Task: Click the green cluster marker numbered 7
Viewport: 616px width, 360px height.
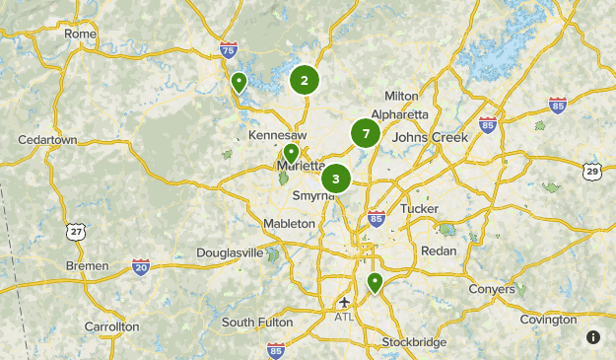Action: pyautogui.click(x=366, y=133)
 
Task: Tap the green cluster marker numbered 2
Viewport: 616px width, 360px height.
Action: pyautogui.click(x=305, y=81)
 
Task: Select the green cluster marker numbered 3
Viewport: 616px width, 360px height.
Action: pyautogui.click(x=336, y=179)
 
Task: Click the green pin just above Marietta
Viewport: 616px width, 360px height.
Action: pyautogui.click(x=291, y=154)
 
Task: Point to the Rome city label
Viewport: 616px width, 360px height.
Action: pyautogui.click(x=81, y=34)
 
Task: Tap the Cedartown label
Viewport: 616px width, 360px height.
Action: pyautogui.click(x=47, y=140)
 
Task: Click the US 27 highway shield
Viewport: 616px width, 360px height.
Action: pyautogui.click(x=76, y=231)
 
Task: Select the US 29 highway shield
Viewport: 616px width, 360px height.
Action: pyautogui.click(x=591, y=171)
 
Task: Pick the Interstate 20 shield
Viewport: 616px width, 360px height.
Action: pyautogui.click(x=141, y=266)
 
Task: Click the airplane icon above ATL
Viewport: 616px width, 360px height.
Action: pyautogui.click(x=344, y=302)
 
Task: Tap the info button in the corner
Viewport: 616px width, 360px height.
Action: pyautogui.click(x=593, y=337)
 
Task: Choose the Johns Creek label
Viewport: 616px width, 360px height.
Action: pyautogui.click(x=429, y=137)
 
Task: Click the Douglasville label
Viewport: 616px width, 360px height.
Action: pyautogui.click(x=230, y=252)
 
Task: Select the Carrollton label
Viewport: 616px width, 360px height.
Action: pyautogui.click(x=111, y=326)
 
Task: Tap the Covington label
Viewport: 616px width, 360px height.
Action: pyautogui.click(x=548, y=320)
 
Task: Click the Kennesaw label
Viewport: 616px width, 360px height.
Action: pyautogui.click(x=278, y=134)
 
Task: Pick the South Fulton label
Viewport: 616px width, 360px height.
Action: pyautogui.click(x=257, y=323)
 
